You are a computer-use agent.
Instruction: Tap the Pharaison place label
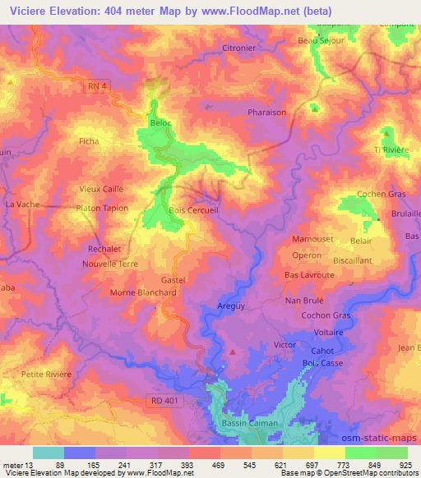tap(267, 113)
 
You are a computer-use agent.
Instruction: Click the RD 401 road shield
tap(166, 400)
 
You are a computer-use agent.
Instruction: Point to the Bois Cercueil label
tap(192, 210)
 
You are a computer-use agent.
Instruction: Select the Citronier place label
tap(239, 48)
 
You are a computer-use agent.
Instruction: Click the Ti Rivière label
tap(391, 149)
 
